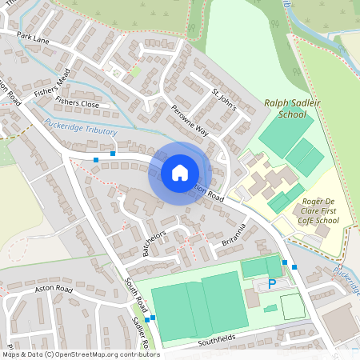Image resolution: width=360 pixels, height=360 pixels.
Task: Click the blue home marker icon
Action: (180, 172)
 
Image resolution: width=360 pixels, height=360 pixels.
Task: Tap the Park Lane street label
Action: (33, 38)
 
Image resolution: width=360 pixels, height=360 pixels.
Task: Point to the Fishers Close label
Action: (78, 104)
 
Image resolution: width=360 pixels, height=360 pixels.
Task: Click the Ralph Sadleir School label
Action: (286, 109)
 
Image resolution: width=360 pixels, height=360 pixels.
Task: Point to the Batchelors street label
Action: (158, 239)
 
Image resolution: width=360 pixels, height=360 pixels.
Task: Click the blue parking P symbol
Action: (272, 283)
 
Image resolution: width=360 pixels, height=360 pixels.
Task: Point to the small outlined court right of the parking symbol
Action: (292, 306)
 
